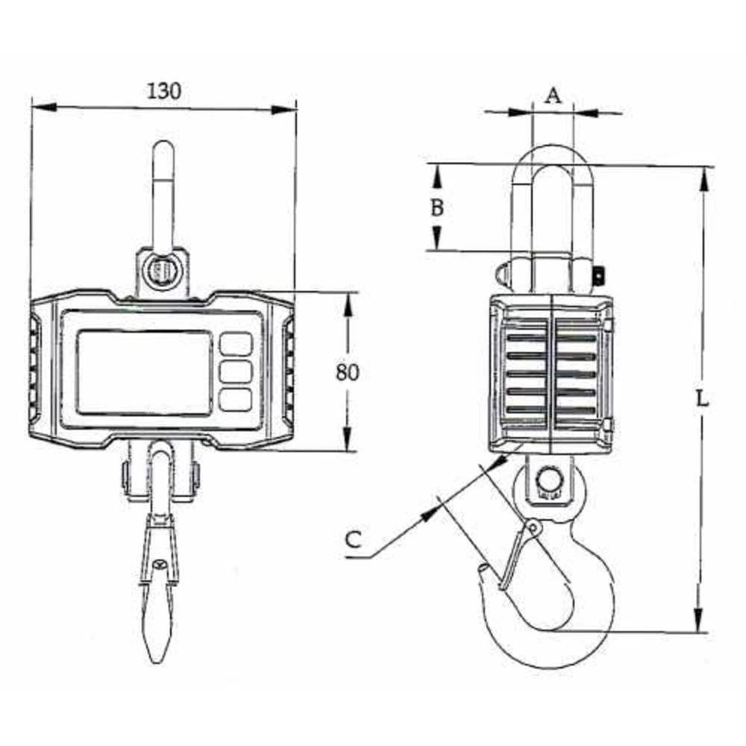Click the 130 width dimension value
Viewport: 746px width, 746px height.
tap(163, 91)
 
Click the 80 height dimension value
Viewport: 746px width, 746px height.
tap(347, 372)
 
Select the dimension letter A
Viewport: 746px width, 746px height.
tap(552, 95)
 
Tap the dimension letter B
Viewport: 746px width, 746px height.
tap(438, 207)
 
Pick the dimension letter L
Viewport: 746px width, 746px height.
tap(701, 397)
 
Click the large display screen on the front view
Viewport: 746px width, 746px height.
tap(143, 373)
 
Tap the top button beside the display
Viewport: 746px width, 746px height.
tap(236, 344)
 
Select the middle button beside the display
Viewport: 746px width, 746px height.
tap(236, 372)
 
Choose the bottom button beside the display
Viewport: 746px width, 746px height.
tap(236, 399)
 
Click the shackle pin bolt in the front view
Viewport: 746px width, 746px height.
tap(161, 270)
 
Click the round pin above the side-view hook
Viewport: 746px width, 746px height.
tap(550, 477)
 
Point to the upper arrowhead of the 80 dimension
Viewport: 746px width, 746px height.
tap(348, 302)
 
